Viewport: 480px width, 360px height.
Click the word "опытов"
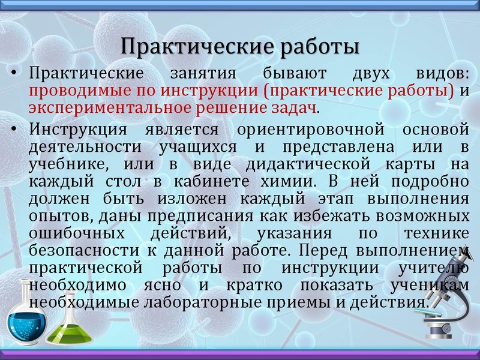tap(56, 215)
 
